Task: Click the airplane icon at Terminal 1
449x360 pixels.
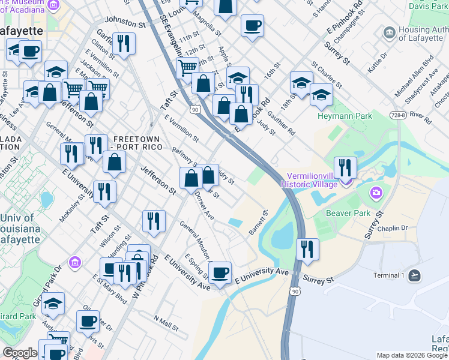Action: tap(414, 275)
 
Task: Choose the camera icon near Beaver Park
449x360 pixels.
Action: tap(376, 193)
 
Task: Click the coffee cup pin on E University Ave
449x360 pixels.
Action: tap(220, 273)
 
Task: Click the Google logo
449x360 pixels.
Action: tap(20, 353)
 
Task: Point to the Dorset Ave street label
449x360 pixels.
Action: tap(204, 207)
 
